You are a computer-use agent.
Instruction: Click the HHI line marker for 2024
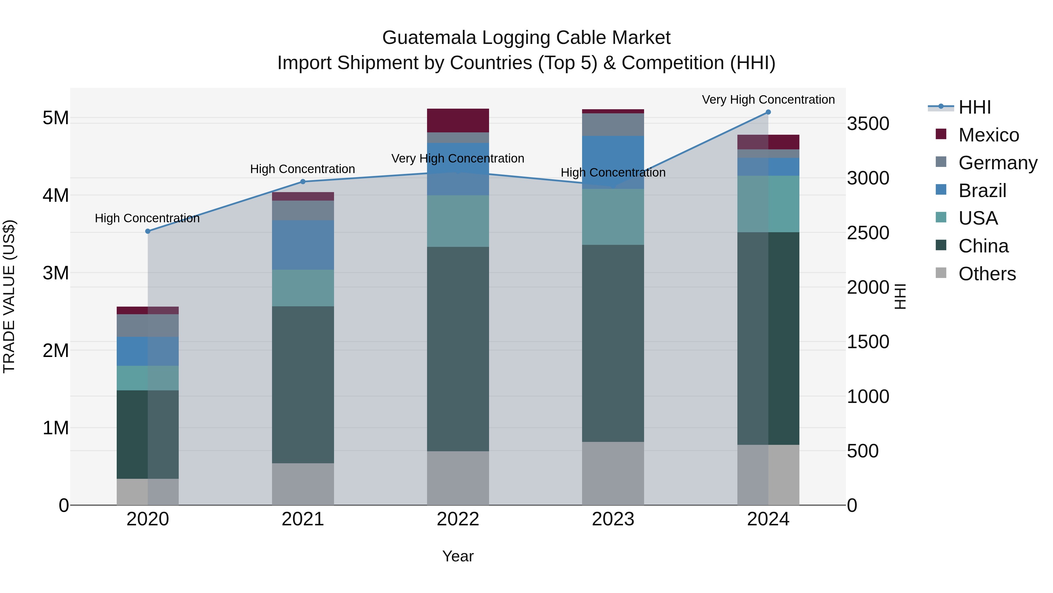768,112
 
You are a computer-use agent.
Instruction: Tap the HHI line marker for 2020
148,231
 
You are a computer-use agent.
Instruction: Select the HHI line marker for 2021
303,182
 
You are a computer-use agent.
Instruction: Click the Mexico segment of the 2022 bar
458,120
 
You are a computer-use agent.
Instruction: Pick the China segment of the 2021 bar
303,385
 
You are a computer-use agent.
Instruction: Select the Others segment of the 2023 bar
613,473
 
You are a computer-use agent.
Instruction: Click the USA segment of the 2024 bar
768,204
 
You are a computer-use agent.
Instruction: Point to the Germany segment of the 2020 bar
148,325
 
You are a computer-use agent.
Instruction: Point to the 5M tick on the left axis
56,118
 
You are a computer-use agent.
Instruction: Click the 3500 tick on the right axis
868,124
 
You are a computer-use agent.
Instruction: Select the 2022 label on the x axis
458,519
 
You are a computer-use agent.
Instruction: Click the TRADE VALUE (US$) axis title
9,296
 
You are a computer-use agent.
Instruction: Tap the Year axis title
458,556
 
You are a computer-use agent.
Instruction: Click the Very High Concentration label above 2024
768,100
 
